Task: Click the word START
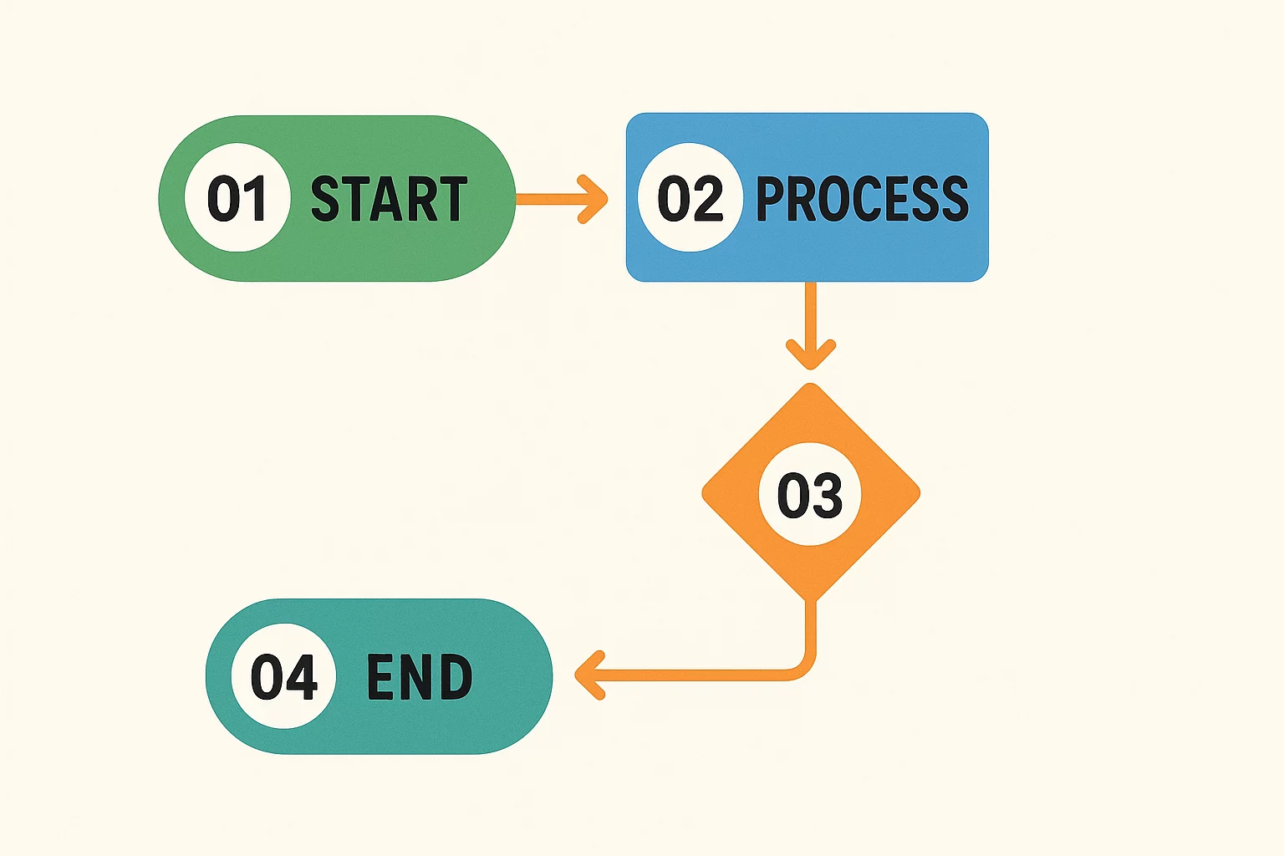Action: [389, 199]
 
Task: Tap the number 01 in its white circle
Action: [237, 198]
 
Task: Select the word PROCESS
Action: [862, 199]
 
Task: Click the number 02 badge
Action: [690, 198]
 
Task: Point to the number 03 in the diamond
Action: [809, 494]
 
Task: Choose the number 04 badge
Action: [283, 676]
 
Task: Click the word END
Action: [420, 676]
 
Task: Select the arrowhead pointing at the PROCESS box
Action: [595, 199]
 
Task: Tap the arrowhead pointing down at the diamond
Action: [810, 354]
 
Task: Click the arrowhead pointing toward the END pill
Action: [588, 675]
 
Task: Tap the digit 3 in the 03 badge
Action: [827, 494]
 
